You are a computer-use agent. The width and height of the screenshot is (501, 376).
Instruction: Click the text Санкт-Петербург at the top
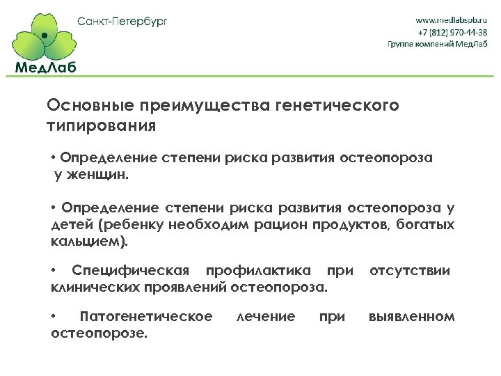tap(122, 21)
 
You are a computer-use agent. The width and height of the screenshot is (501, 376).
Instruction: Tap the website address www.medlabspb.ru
tap(451, 19)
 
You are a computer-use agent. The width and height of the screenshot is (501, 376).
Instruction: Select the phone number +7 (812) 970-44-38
tap(452, 32)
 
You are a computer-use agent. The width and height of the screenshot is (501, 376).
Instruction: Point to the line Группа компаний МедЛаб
tap(438, 44)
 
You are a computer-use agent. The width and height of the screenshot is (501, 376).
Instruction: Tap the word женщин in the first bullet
tap(98, 175)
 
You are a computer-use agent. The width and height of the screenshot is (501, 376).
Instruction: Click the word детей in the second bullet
tap(72, 226)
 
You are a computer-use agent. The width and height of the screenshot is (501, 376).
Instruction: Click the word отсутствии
tap(409, 271)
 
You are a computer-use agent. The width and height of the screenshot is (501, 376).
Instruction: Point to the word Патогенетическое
tap(146, 318)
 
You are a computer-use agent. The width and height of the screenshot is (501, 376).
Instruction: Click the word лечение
tap(266, 318)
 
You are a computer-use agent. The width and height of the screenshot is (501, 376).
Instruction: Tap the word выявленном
tap(411, 318)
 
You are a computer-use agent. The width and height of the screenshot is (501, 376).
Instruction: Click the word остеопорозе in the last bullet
tap(99, 334)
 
